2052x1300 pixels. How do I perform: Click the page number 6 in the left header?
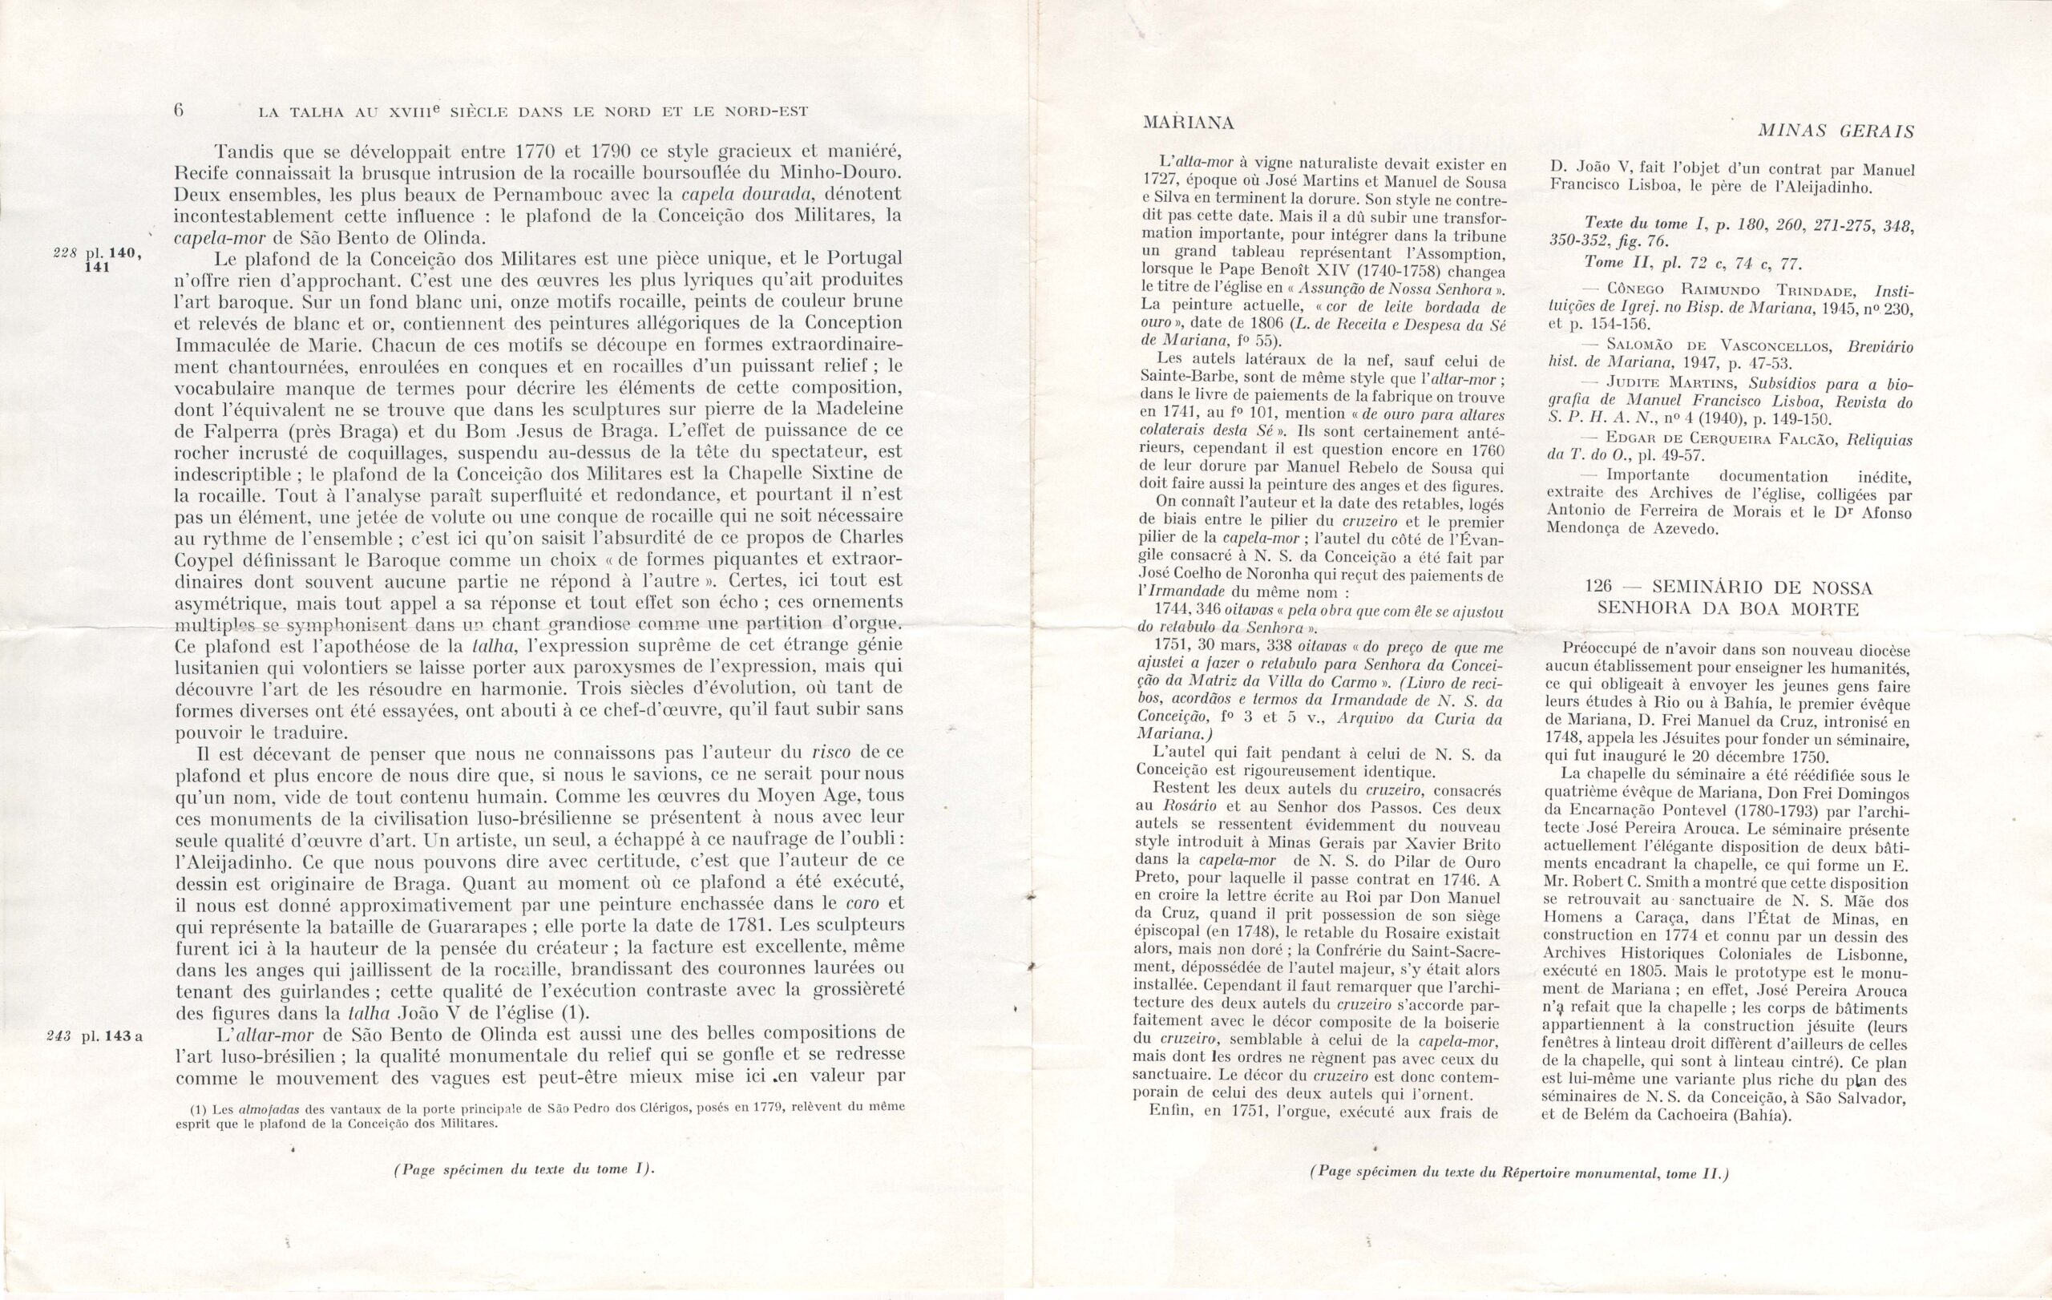click(180, 110)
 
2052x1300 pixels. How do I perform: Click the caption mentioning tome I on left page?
click(523, 1169)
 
